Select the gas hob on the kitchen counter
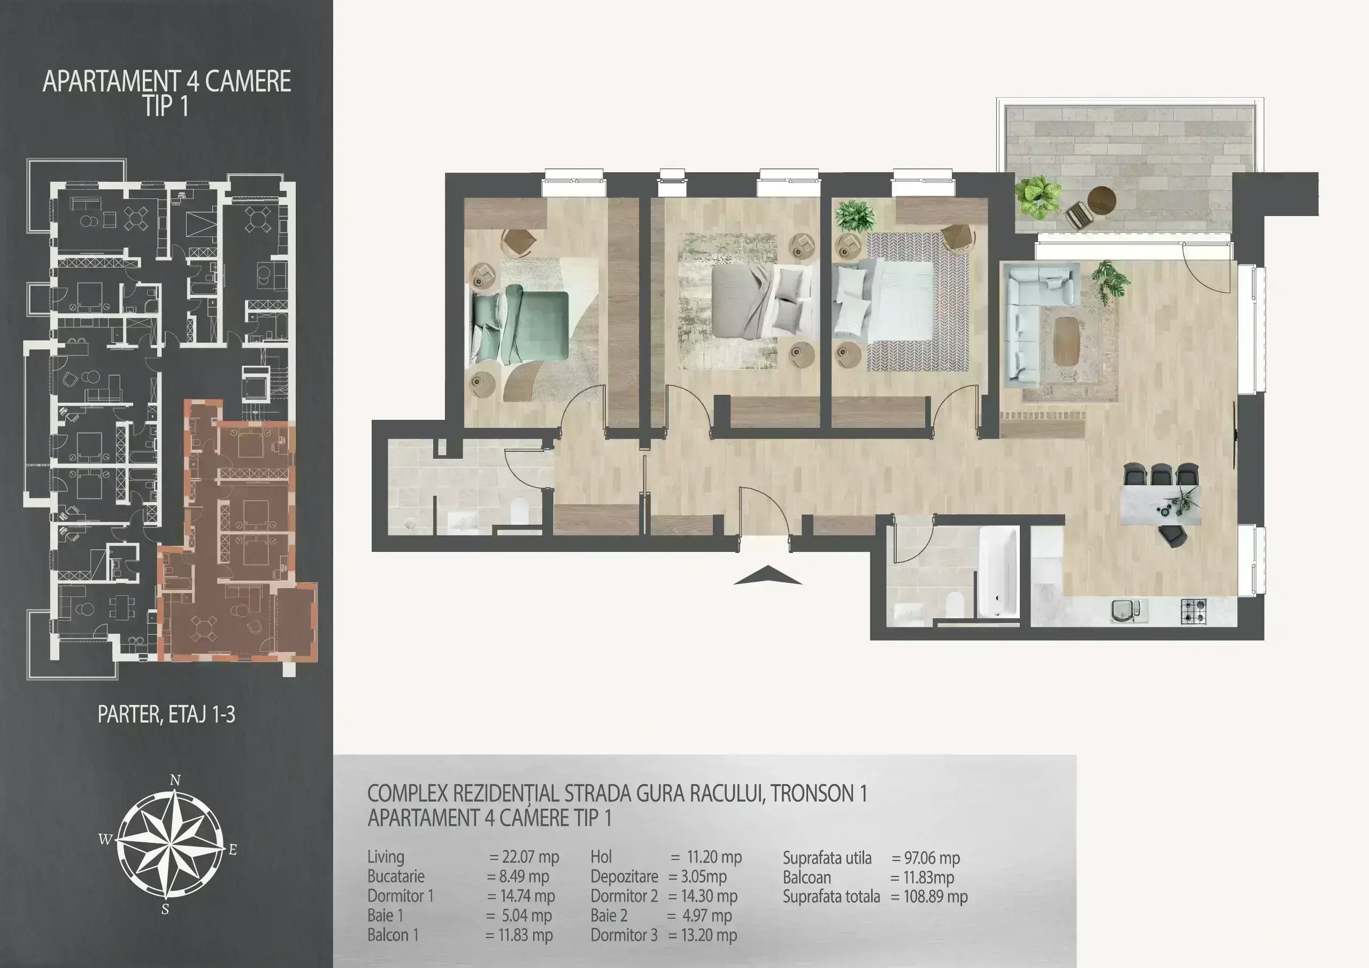1193,611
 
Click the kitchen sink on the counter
1128,611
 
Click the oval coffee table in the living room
1066,341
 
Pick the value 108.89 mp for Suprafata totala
935,896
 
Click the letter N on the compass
175,780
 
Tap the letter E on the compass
233,849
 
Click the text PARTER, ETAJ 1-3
166,714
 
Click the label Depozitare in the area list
624,877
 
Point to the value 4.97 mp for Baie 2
706,916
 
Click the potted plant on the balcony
1039,196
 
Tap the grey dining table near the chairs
1160,504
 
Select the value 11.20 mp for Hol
714,857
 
